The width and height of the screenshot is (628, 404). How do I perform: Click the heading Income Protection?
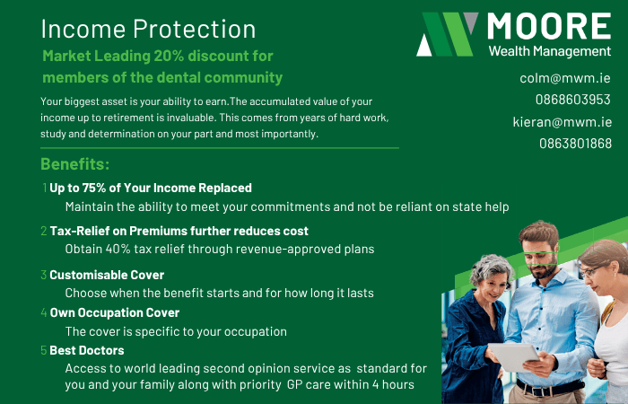pos(148,29)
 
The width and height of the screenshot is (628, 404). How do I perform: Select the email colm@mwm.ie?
pos(565,78)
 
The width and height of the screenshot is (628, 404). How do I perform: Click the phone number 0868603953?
pos(572,100)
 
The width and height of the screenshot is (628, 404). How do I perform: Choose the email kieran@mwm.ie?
pos(562,122)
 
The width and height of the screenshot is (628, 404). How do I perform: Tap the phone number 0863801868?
pos(575,144)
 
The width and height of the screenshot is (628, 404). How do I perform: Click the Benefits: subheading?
pos(75,165)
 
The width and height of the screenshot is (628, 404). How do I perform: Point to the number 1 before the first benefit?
pos(44,189)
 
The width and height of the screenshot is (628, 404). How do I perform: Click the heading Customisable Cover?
pos(107,275)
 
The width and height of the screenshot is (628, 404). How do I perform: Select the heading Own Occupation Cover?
pos(114,312)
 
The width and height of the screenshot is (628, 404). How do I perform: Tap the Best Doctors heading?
pos(86,350)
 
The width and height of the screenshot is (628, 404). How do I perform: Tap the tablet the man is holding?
pos(515,356)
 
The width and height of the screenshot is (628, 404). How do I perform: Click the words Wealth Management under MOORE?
pos(550,50)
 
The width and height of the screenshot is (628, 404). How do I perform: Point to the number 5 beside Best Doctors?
pos(44,350)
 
